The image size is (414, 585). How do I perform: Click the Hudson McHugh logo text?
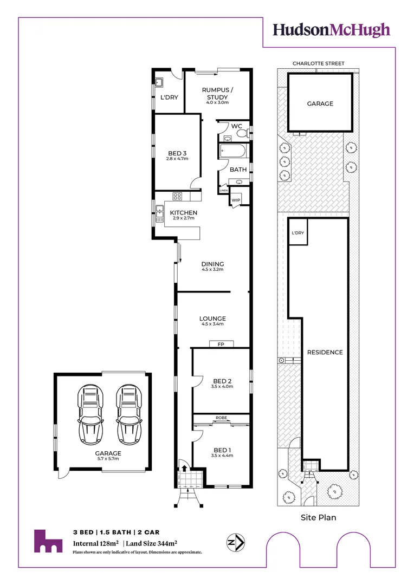click(331, 30)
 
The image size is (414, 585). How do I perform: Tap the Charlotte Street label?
click(318, 63)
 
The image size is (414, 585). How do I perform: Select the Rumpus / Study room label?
click(217, 93)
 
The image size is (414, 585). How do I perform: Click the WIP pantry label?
click(236, 200)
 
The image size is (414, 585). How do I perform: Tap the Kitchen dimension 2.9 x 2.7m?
click(184, 218)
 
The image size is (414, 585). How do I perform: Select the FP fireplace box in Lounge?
click(221, 344)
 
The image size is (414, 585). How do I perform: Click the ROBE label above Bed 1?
click(221, 418)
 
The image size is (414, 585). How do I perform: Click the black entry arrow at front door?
click(184, 469)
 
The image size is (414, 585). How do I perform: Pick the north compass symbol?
click(236, 541)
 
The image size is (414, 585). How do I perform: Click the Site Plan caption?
click(318, 517)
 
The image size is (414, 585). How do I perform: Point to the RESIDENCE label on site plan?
click(325, 352)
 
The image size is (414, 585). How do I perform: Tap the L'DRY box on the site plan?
click(297, 232)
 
